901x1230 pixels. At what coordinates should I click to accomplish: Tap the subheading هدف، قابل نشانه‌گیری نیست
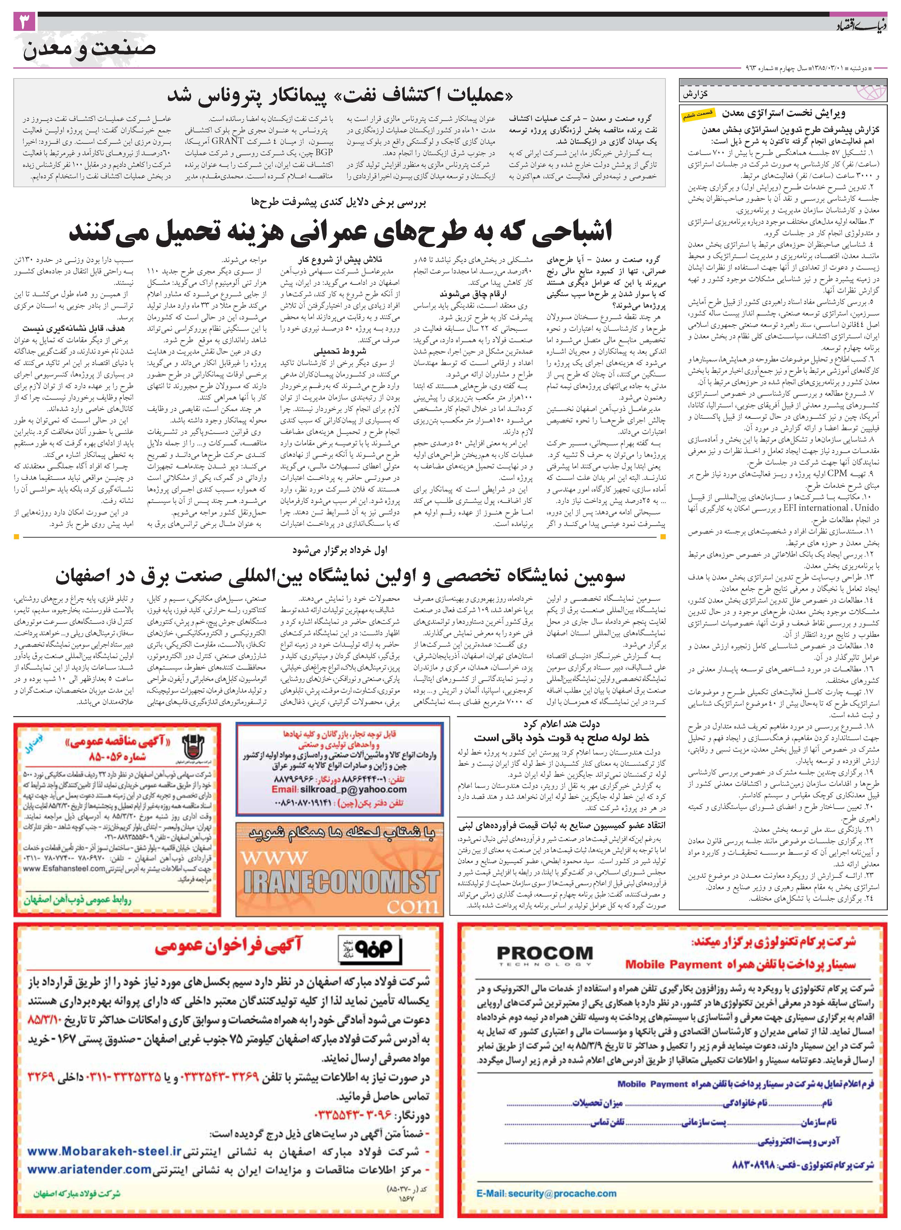coord(74,328)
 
